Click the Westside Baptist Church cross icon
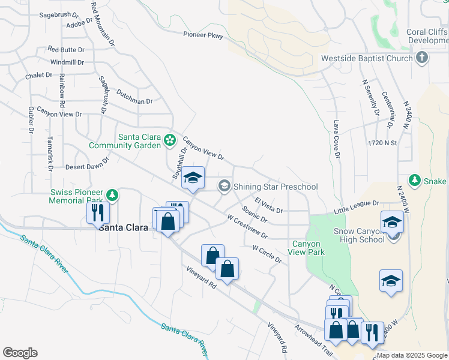422,58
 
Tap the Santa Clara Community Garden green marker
170,140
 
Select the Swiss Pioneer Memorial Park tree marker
112,194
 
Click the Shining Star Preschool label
276,187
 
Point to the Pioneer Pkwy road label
203,36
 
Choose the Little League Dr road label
357,208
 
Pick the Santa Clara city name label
124,228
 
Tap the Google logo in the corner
20,353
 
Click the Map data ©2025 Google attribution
412,355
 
